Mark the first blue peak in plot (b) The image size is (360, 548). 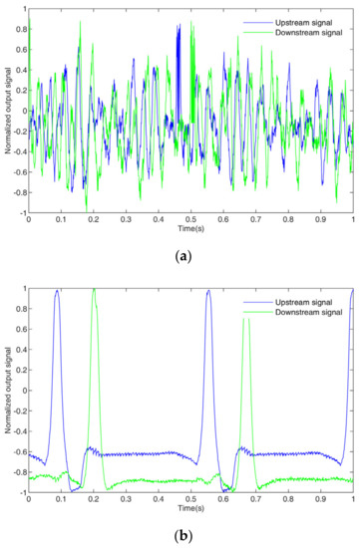58,291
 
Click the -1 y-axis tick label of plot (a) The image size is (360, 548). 21,212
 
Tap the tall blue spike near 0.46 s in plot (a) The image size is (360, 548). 179,27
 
